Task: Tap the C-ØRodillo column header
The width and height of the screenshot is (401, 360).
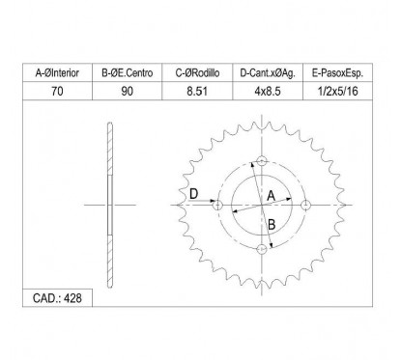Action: [201, 71]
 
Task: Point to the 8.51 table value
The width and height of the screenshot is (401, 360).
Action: [201, 90]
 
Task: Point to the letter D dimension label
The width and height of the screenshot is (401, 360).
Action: [194, 195]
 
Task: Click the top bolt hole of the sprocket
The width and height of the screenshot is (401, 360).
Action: [261, 160]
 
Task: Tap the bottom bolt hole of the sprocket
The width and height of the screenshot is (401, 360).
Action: [261, 250]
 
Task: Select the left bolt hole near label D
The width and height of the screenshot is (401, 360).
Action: [216, 205]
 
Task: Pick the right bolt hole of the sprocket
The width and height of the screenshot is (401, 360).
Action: [306, 205]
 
